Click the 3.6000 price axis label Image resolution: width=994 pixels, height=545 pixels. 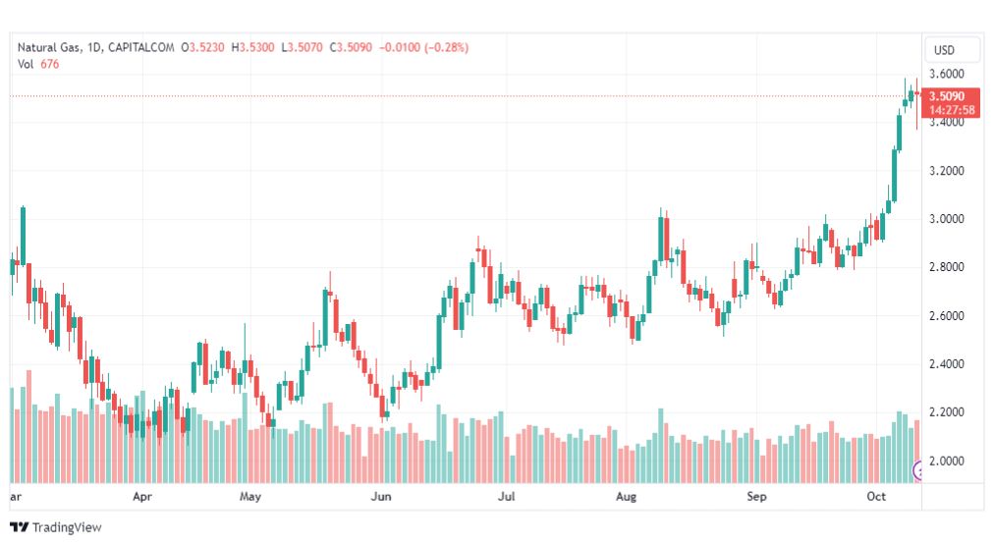(x=951, y=74)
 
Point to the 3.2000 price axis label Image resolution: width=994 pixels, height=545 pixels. (x=951, y=171)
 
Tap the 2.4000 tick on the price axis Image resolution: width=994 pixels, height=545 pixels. (x=951, y=364)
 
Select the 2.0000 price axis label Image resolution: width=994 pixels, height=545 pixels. (x=951, y=461)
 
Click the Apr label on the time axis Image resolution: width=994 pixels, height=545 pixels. (x=142, y=497)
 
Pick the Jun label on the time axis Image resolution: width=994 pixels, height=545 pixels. (x=381, y=497)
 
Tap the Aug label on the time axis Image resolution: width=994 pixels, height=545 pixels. (x=627, y=497)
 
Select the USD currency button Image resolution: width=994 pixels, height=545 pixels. (x=944, y=50)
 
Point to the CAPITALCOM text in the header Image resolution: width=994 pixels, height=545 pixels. (x=140, y=47)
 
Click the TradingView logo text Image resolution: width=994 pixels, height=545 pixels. (x=66, y=527)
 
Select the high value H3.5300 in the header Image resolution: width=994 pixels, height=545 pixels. (x=253, y=47)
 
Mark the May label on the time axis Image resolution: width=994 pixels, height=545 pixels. (x=250, y=497)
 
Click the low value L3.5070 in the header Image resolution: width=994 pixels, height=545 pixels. (x=303, y=47)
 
